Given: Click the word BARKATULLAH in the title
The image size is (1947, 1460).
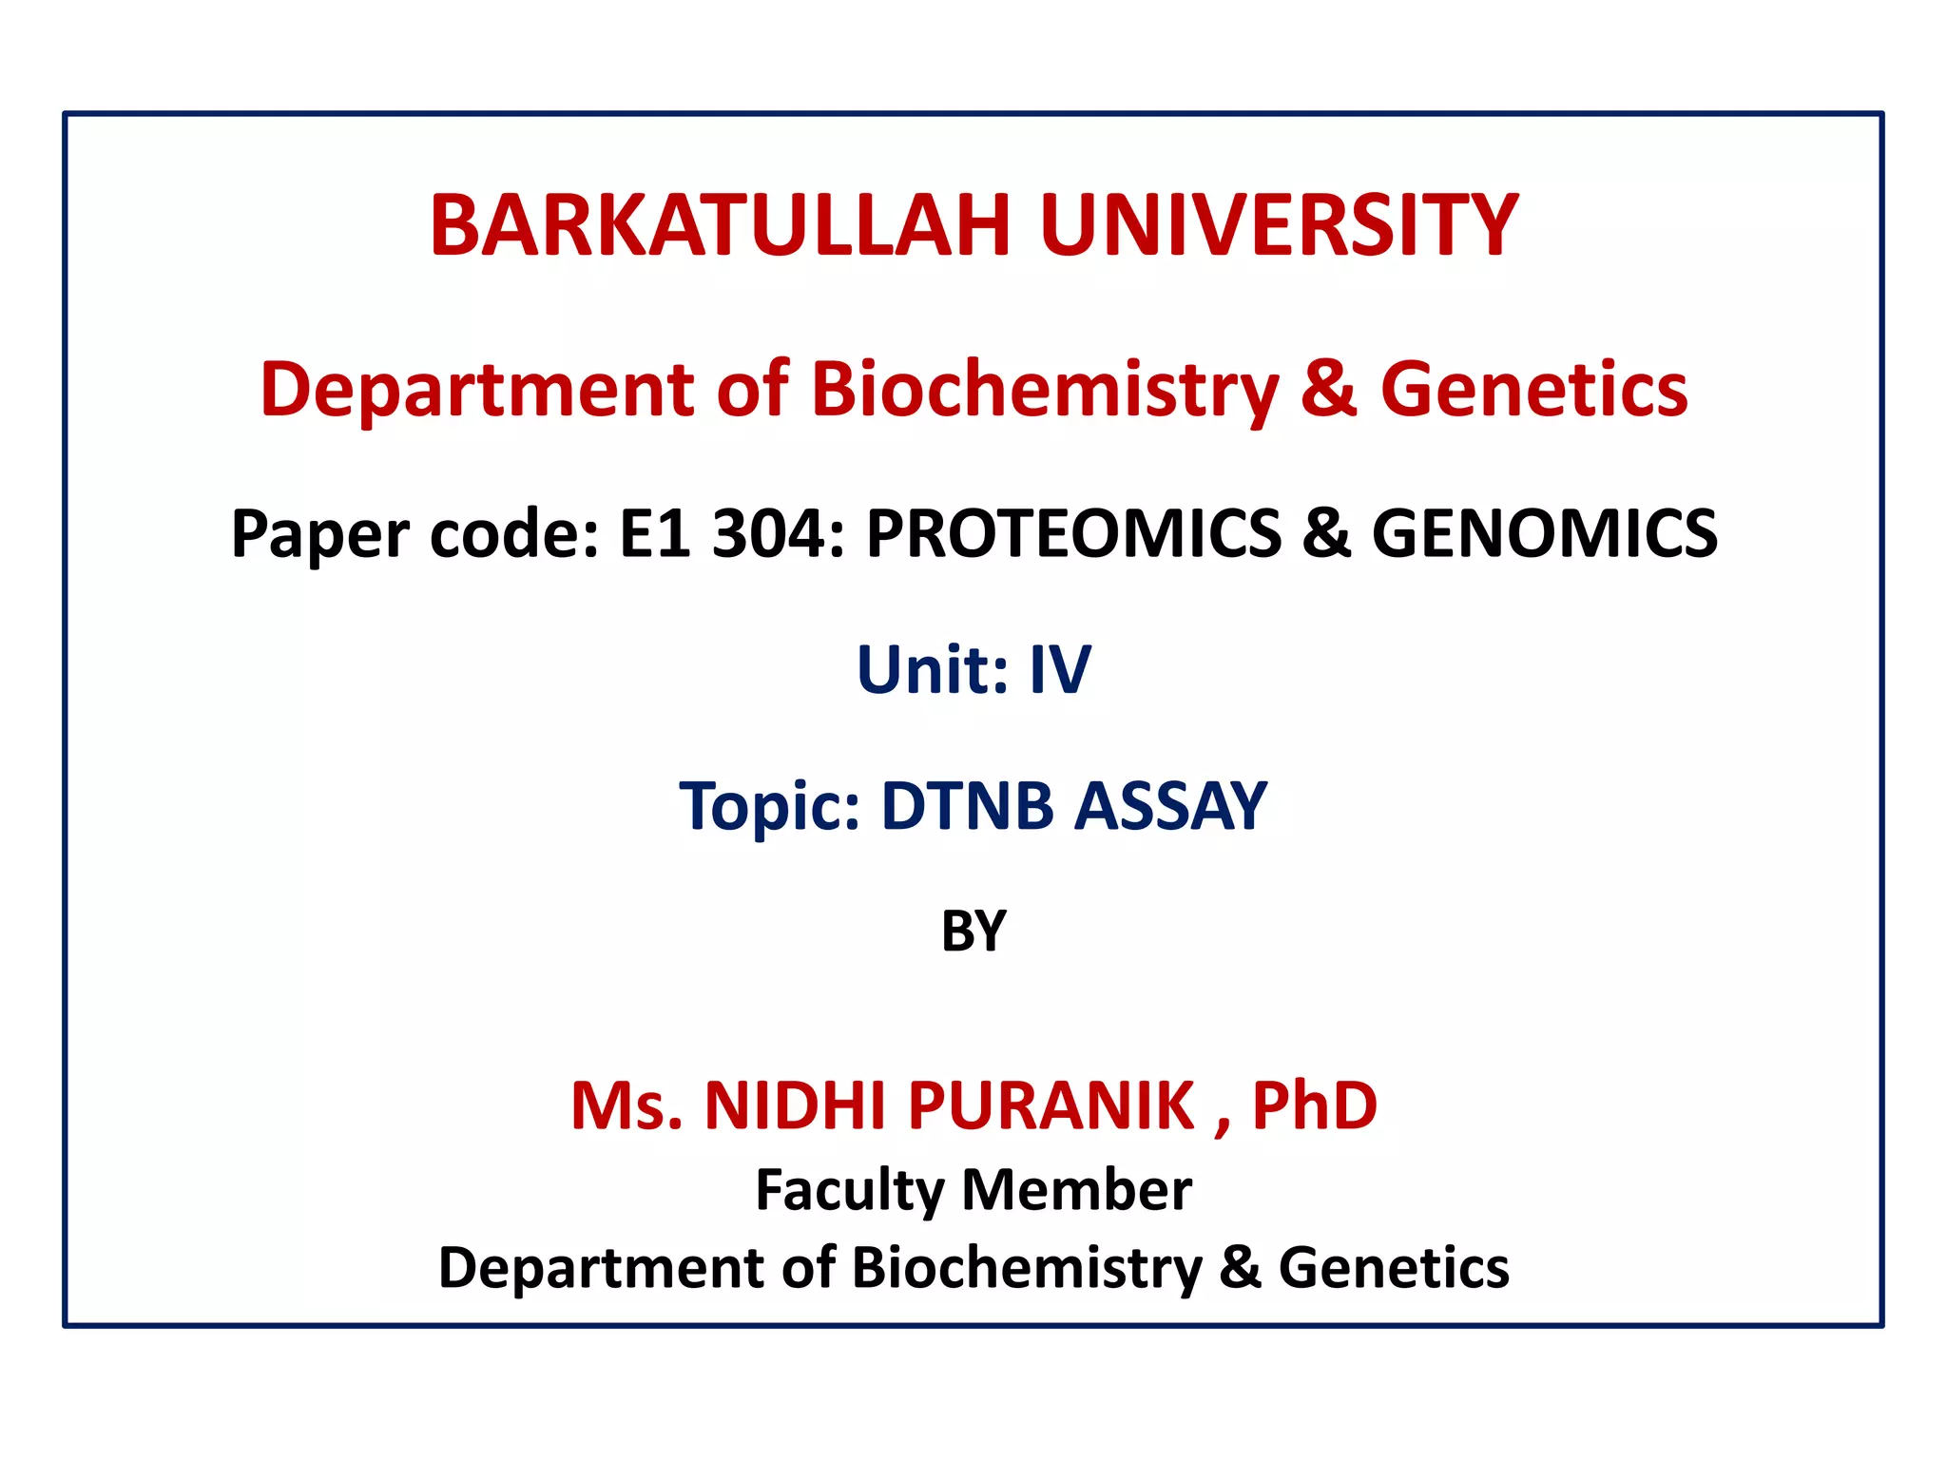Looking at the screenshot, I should click(719, 226).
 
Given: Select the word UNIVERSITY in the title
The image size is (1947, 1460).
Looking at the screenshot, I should click(1279, 226).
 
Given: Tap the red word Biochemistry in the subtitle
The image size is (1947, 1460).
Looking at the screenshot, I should click(1045, 390).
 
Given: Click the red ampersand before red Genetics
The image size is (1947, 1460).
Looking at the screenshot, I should click(1328, 390).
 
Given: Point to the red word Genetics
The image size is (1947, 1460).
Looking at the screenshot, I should click(1533, 390).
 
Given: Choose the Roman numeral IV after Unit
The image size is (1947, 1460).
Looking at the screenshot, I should click(1060, 669).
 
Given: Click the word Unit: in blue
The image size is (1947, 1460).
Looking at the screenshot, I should click(933, 669).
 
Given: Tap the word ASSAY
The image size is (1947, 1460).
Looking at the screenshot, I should click(1170, 806).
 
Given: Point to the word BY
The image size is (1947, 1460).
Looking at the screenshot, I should click(973, 932).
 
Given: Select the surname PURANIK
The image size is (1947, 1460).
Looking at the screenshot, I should click(1051, 1105).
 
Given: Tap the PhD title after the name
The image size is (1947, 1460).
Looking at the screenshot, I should click(1314, 1105).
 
